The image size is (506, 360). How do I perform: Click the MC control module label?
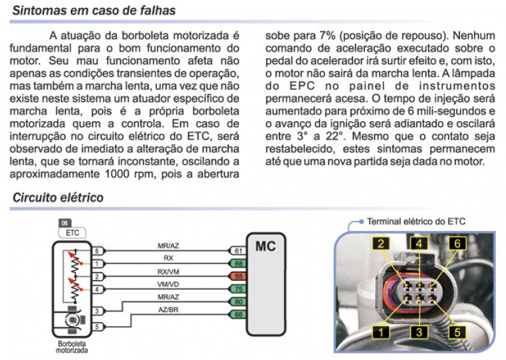(x=265, y=246)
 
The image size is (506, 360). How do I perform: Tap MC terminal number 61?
(x=238, y=251)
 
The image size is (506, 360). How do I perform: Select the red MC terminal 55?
(x=238, y=276)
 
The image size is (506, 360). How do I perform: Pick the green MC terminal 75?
(x=238, y=289)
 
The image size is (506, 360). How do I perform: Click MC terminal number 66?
(x=238, y=315)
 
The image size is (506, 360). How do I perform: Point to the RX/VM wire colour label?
(x=168, y=272)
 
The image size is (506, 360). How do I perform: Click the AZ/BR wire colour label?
(x=168, y=310)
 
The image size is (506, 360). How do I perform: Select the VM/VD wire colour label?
(x=168, y=285)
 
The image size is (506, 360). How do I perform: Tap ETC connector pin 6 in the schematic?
(x=97, y=251)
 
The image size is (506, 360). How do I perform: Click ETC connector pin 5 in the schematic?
(x=97, y=327)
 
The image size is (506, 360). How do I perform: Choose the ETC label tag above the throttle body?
(x=72, y=233)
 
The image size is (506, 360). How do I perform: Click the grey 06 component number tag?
(x=64, y=223)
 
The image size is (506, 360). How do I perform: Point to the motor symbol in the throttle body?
(x=72, y=320)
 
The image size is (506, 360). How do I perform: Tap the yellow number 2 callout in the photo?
(x=381, y=243)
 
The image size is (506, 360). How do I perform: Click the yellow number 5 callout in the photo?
(x=457, y=332)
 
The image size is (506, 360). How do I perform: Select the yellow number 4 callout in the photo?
(x=419, y=243)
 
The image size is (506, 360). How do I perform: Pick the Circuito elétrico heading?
(x=58, y=198)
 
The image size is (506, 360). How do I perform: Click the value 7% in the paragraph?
(x=327, y=36)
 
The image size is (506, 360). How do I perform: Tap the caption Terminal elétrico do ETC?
(x=416, y=221)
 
